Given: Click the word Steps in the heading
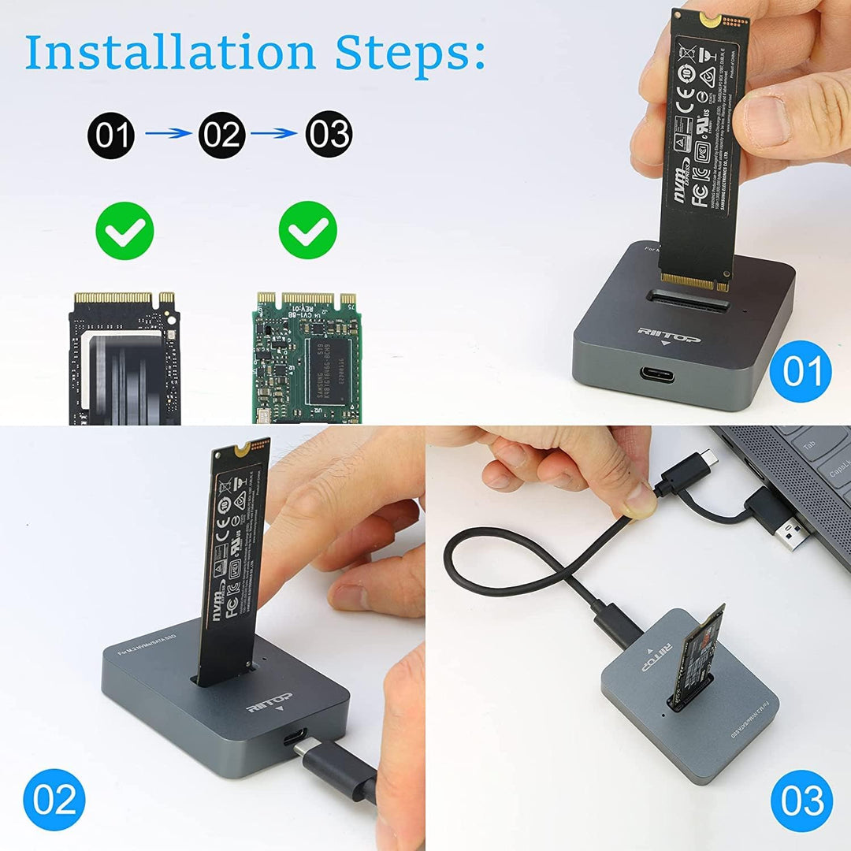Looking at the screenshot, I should click(x=410, y=54).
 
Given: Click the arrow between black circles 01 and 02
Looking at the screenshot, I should click(x=167, y=134).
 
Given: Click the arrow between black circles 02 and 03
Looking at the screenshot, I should click(x=275, y=134).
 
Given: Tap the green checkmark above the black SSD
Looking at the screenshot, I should click(x=124, y=230).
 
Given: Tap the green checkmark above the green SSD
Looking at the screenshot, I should click(x=308, y=230).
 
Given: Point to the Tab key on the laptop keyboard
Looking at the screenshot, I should click(x=809, y=445).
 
